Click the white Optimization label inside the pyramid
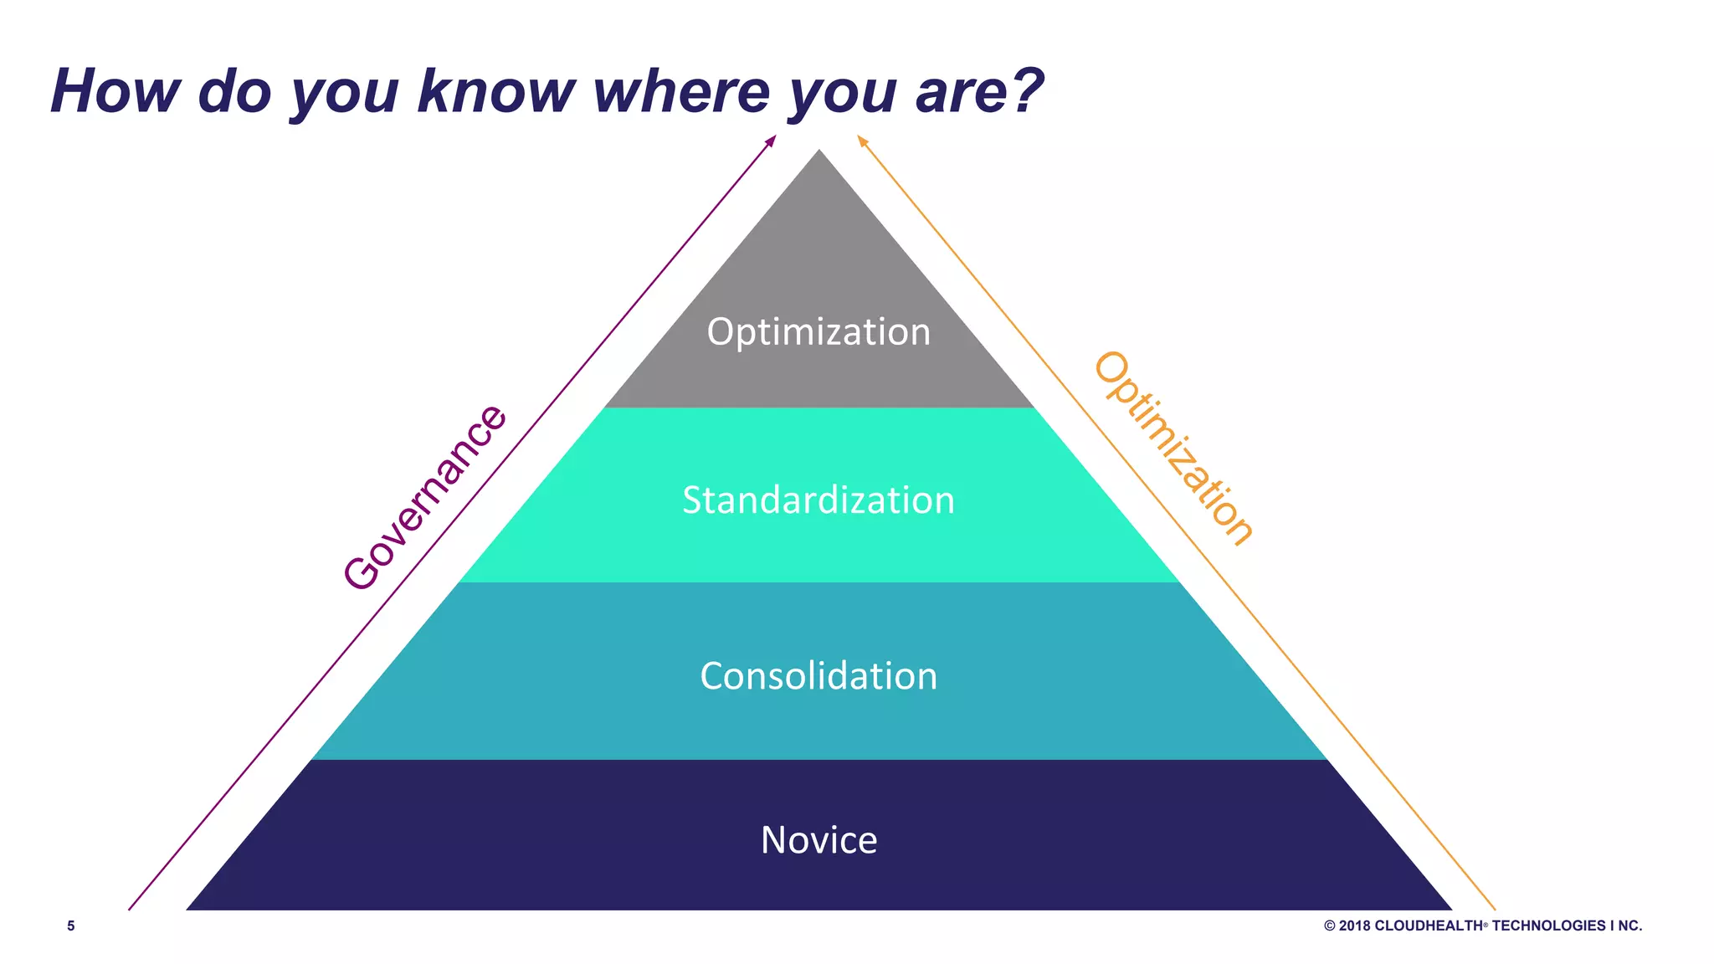(819, 332)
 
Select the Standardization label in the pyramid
(819, 500)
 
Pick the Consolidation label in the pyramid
(819, 676)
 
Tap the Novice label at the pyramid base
(819, 840)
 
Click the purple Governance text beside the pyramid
(424, 497)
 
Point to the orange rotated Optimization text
(1174, 449)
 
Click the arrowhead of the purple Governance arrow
(772, 141)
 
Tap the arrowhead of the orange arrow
(862, 141)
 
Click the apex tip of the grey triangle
(819, 151)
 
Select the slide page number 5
(71, 926)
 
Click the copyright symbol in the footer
(1329, 926)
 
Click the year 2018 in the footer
(1354, 926)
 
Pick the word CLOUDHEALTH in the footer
(1429, 926)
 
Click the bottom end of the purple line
(130, 909)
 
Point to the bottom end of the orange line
(1494, 909)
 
